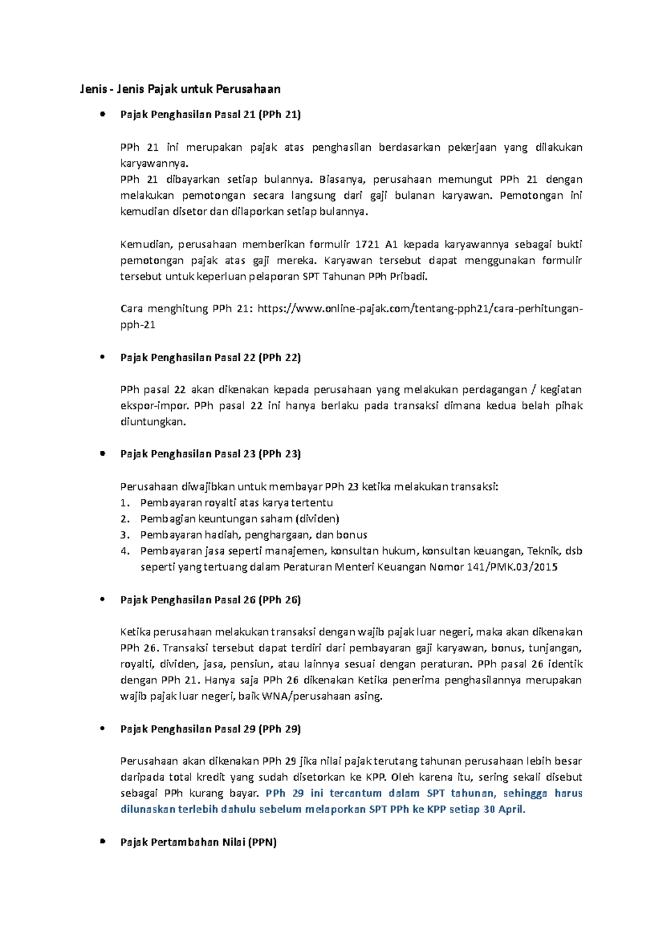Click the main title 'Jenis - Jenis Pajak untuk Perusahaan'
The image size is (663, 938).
(180, 89)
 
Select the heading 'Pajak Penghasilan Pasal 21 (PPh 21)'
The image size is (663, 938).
(211, 115)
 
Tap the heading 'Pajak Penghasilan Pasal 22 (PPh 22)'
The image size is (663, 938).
(211, 358)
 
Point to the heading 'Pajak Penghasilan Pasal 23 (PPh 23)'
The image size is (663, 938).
(211, 454)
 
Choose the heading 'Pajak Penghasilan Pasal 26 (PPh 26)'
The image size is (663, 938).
(211, 600)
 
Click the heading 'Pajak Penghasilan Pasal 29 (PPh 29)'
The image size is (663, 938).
(211, 729)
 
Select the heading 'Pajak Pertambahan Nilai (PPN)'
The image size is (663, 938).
(198, 842)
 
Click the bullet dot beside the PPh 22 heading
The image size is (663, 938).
(102, 357)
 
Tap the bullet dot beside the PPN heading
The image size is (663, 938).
(102, 842)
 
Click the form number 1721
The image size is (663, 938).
(367, 245)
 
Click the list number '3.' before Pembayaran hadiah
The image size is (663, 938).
(125, 535)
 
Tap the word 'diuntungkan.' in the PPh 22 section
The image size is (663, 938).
(153, 422)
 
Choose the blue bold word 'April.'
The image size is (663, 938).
(512, 810)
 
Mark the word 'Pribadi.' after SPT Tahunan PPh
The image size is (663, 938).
(409, 277)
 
